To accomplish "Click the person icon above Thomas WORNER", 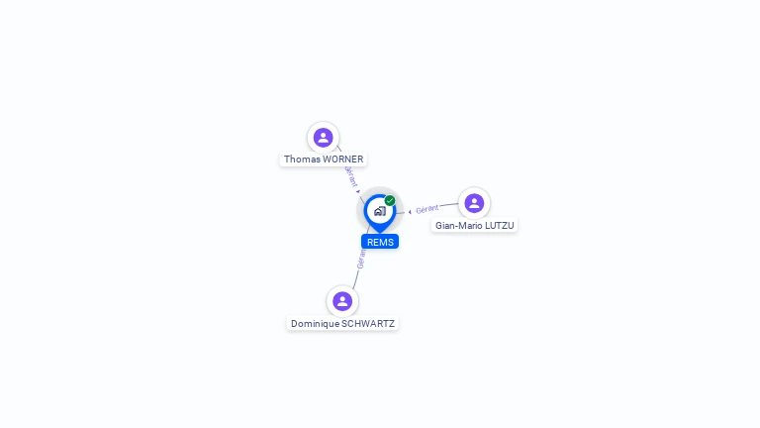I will pos(323,138).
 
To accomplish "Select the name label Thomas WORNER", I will pos(324,160).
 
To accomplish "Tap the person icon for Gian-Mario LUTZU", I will pos(474,203).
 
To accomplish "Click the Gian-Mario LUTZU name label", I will pos(475,226).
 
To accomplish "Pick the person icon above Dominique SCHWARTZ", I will pos(342,301).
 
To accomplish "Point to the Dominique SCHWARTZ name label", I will pos(342,324).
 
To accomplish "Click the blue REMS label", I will pos(380,242).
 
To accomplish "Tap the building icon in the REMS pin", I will pos(379,211).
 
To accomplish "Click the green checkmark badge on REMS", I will pos(390,201).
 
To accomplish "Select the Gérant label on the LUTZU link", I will pos(427,209).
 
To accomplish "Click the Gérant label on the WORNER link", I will pos(350,176).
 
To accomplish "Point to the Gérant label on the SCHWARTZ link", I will pos(361,260).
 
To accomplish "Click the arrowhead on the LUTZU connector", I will pos(410,211).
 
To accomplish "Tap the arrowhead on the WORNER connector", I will pos(358,191).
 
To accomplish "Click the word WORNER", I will pos(342,160).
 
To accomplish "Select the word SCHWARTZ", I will pos(367,324).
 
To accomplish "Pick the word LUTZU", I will pos(499,226).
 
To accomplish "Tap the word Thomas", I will pos(301,160).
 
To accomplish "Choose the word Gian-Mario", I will pos(458,226).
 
